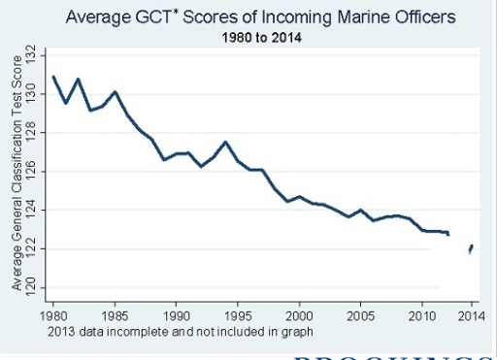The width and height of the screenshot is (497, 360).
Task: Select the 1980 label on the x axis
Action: [x=54, y=317]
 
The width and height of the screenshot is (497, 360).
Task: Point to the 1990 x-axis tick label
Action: [x=177, y=317]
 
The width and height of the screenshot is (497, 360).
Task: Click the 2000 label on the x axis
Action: [x=299, y=317]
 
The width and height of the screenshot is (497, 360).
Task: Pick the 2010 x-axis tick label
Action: [x=422, y=317]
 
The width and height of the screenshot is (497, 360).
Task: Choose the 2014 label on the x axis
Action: [x=471, y=317]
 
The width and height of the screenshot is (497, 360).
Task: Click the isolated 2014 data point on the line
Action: [x=471, y=249]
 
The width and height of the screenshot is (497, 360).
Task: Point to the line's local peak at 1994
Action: [x=225, y=142]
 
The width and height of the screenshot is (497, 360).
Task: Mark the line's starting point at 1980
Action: [x=54, y=76]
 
